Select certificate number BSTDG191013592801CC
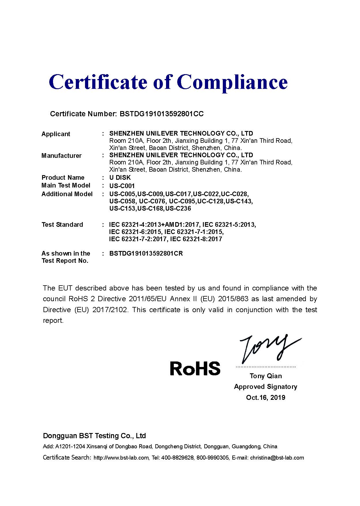click(x=161, y=114)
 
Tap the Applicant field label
click(x=56, y=134)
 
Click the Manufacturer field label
click(x=61, y=156)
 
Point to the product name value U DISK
click(x=120, y=178)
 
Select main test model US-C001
click(x=122, y=186)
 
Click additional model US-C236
click(x=178, y=209)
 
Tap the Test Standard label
click(x=62, y=225)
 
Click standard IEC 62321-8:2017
click(x=196, y=239)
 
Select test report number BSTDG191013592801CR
click(x=146, y=254)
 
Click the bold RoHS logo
click(x=195, y=368)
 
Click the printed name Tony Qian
click(x=266, y=376)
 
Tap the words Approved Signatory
click(x=265, y=387)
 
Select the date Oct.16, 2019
click(x=265, y=398)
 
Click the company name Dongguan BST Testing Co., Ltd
click(x=94, y=436)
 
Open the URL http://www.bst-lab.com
click(x=121, y=458)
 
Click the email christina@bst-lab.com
click(x=277, y=458)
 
